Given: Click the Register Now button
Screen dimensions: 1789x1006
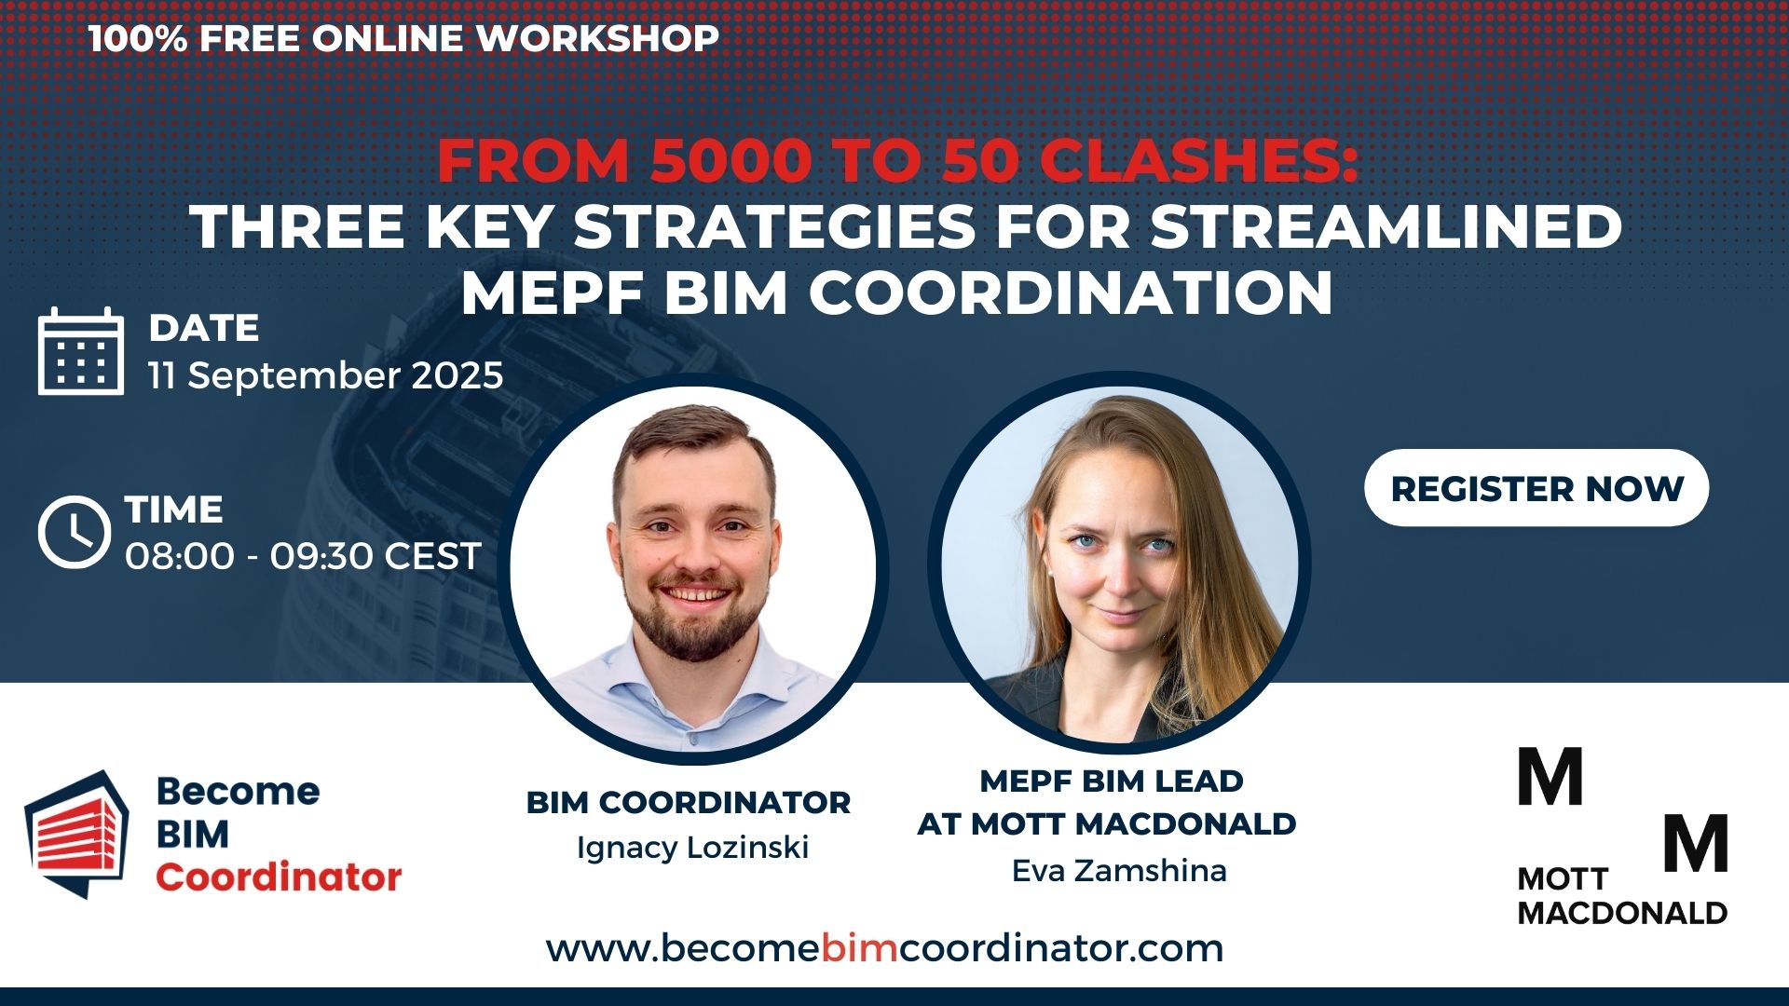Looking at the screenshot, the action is (x=1536, y=488).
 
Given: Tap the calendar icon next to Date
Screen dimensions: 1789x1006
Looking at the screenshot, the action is (x=81, y=351).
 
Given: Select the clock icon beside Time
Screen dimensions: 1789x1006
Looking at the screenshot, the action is (x=75, y=533).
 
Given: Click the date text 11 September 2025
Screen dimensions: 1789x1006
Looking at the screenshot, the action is (x=326, y=375).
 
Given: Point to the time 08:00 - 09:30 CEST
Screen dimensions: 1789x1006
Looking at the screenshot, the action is (x=303, y=556).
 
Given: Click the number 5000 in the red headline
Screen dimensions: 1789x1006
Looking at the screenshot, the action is (x=730, y=161).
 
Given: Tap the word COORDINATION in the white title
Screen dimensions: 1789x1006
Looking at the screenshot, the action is (x=1071, y=293).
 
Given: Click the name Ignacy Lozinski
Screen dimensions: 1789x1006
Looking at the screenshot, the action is (x=692, y=848).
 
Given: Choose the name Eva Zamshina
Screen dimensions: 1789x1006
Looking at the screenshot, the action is (x=1119, y=871).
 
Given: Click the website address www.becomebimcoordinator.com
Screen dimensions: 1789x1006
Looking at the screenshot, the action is (x=884, y=948).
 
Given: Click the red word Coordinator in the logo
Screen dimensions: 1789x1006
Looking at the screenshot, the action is (x=279, y=877).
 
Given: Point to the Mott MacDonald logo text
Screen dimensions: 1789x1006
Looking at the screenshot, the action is (x=1622, y=895).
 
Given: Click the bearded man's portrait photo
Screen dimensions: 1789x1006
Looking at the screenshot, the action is (x=693, y=568).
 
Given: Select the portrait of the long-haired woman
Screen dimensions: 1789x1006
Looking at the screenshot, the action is (x=1120, y=564).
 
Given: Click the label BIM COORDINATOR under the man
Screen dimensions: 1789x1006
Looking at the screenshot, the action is (x=689, y=802).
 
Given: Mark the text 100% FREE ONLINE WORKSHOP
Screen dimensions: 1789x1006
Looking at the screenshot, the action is (x=403, y=38).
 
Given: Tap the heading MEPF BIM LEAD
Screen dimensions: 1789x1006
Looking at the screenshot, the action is (x=1112, y=781).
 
